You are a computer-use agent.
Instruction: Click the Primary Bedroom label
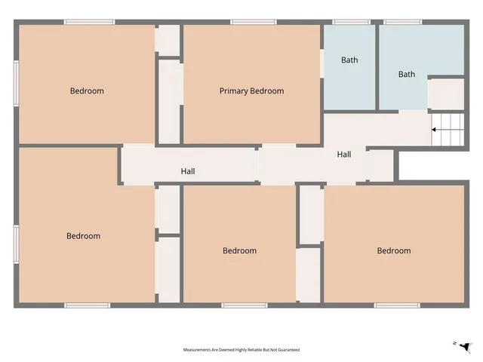(251, 91)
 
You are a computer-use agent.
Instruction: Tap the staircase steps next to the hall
(447, 130)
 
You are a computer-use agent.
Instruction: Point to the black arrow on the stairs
(435, 130)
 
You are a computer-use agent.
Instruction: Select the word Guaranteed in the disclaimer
(290, 350)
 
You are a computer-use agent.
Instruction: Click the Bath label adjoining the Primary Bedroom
(349, 60)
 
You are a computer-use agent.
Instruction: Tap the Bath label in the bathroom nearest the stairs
(407, 74)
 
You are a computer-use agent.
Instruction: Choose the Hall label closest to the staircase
(344, 155)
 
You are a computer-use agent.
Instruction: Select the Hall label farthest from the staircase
(188, 171)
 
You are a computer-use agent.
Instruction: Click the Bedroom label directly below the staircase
(394, 251)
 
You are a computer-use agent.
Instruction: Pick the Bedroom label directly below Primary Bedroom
(239, 251)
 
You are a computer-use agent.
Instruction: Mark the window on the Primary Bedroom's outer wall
(253, 22)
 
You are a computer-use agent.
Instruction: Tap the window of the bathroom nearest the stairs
(403, 22)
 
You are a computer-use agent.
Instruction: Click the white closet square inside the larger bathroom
(446, 94)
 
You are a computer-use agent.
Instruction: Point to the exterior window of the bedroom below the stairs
(397, 305)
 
